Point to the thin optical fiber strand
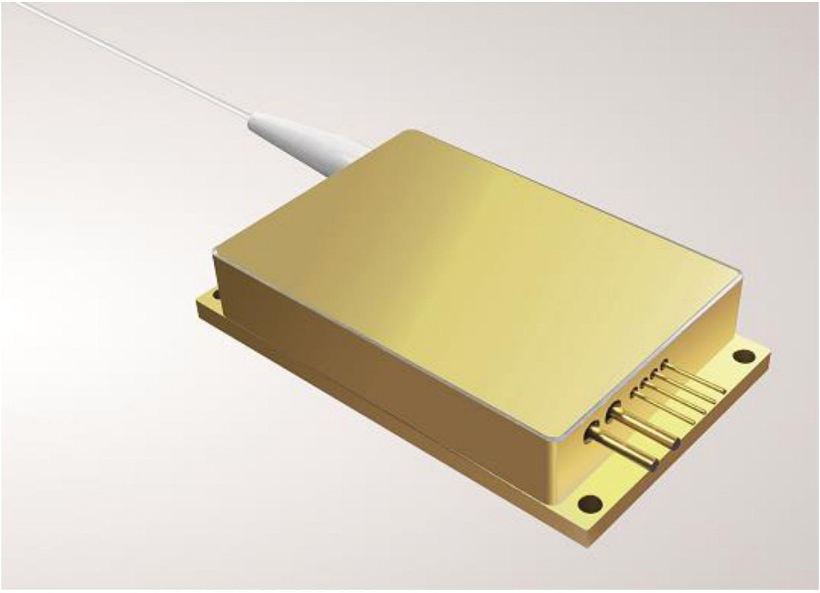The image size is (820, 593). [x=132, y=60]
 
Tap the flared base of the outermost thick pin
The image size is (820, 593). [x=591, y=433]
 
